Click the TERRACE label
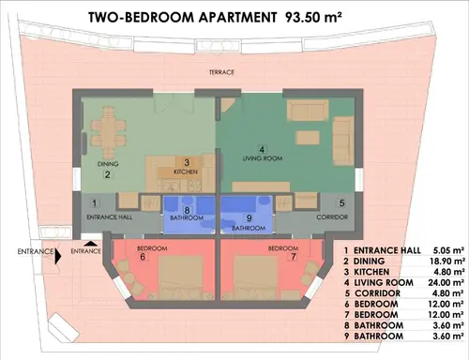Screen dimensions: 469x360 tap(221, 72)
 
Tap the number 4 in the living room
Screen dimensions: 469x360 tap(262, 149)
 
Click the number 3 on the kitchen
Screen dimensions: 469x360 tap(187, 162)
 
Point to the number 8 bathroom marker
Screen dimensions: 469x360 tap(187, 210)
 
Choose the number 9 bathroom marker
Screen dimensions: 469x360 tap(249, 218)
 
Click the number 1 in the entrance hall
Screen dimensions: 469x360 tap(95, 203)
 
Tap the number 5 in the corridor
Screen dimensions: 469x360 tap(341, 202)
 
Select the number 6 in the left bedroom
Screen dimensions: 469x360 tap(143, 257)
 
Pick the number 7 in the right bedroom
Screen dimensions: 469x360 tap(294, 257)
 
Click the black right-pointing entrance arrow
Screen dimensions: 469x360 tap(58, 256)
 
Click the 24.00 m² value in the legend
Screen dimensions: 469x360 tap(446, 283)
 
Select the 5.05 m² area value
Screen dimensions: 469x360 tap(448, 250)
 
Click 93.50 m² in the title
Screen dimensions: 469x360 tap(312, 18)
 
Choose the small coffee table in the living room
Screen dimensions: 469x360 tap(308, 138)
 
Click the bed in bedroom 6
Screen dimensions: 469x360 tap(180, 277)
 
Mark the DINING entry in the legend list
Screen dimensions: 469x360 tap(369, 262)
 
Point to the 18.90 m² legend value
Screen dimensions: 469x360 tap(446, 262)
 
